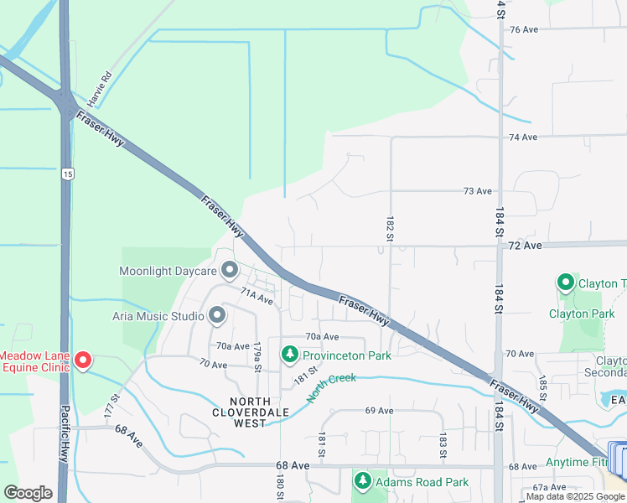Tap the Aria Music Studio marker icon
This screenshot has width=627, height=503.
click(x=217, y=316)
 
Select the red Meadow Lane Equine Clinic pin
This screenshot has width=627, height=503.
click(x=83, y=360)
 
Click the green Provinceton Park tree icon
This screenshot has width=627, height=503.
click(x=290, y=355)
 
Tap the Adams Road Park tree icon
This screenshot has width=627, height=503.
click(x=363, y=481)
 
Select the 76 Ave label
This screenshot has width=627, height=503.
click(x=523, y=29)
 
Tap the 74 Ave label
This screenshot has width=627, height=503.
click(x=523, y=137)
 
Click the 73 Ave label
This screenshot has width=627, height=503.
click(x=478, y=191)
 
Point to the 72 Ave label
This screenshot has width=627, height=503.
click(x=525, y=246)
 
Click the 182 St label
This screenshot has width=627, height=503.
click(x=390, y=229)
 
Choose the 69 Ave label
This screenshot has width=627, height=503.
click(x=379, y=411)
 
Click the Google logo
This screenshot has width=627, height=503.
click(x=28, y=493)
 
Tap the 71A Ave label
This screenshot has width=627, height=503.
click(x=257, y=297)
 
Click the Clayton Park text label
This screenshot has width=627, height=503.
click(x=582, y=314)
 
